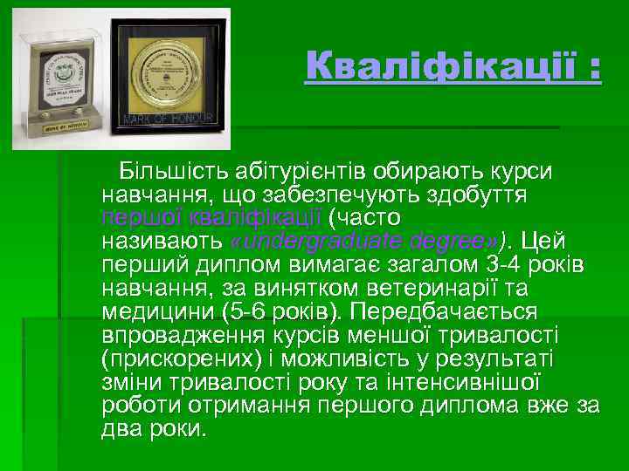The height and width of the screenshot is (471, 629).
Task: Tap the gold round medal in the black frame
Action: coord(182,64)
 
